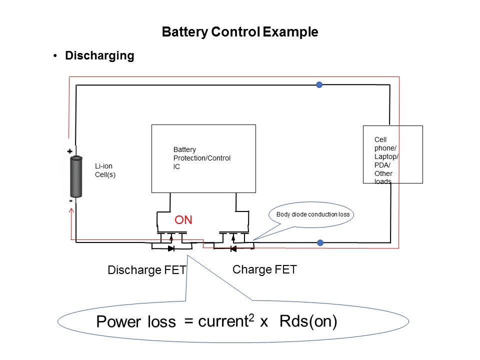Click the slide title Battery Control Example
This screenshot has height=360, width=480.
(240, 32)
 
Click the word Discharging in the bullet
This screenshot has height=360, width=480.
(99, 56)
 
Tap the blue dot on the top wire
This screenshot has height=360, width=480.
(319, 85)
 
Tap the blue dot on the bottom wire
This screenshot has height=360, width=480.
(320, 243)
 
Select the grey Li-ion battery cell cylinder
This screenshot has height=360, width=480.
(76, 177)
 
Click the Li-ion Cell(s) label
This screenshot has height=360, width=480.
(105, 171)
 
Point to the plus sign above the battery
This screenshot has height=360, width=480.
(70, 151)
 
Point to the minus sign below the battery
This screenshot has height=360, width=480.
(70, 200)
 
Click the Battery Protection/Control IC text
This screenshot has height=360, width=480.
(201, 157)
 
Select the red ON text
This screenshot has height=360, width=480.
(183, 220)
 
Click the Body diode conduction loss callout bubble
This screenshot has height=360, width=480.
(311, 215)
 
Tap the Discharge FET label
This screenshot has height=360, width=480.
(147, 270)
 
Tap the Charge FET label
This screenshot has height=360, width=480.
(264, 270)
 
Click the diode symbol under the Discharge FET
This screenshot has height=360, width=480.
(171, 248)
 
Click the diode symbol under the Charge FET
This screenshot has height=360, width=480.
(232, 248)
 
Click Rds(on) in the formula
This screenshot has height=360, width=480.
(308, 321)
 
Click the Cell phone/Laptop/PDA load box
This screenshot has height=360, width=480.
(392, 154)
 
